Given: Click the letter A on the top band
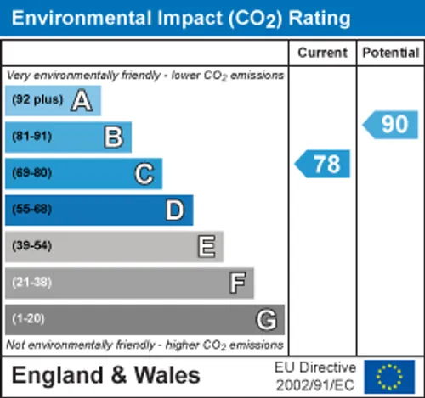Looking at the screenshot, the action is (x=82, y=100).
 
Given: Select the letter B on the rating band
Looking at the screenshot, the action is (x=114, y=137).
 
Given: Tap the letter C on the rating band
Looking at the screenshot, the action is (x=144, y=174).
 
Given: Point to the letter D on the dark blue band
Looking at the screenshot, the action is (x=175, y=210).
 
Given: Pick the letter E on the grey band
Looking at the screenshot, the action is (x=207, y=246).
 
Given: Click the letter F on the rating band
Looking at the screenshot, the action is (x=237, y=283).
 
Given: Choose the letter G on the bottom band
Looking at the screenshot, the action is (x=266, y=319).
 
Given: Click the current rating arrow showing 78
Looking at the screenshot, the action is (x=322, y=164).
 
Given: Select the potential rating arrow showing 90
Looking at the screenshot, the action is (x=390, y=125).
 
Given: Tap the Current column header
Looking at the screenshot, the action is (x=322, y=53).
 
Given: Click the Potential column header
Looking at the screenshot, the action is (x=391, y=53).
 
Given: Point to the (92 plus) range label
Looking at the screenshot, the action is (x=37, y=99).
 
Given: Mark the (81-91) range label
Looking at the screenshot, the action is (x=31, y=136).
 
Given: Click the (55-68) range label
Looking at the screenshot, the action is (x=31, y=209).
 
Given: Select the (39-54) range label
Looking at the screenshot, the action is (x=31, y=245).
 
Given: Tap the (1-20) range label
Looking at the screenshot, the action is (x=28, y=319).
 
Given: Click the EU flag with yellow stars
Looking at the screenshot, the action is (x=389, y=377).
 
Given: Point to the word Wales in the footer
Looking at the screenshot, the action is (x=167, y=375).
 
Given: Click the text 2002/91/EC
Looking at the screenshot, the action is (x=315, y=385).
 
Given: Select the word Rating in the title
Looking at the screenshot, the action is (x=320, y=20).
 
